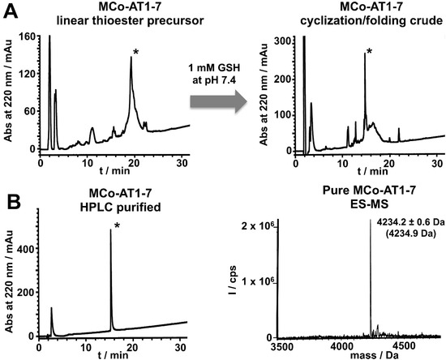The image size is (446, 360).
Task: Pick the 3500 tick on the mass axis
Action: [281, 343]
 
